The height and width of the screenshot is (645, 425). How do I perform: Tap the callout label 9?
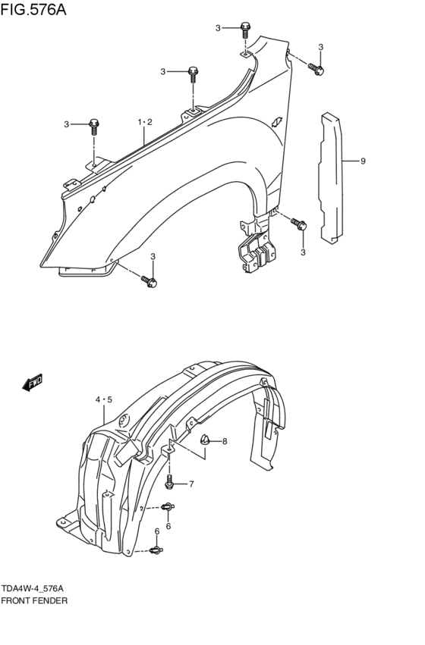364,161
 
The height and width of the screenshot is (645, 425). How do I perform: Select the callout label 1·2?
145,122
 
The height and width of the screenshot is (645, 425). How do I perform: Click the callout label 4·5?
104,399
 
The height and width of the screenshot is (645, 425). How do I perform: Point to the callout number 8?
225,441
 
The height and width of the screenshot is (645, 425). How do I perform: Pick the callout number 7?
191,484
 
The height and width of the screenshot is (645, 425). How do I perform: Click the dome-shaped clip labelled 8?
204,439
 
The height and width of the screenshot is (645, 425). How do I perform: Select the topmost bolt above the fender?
245,30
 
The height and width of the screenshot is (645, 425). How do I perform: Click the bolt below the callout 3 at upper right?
318,70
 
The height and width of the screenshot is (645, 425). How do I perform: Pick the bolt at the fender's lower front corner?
149,282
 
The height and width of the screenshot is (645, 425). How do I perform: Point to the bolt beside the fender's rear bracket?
299,224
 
